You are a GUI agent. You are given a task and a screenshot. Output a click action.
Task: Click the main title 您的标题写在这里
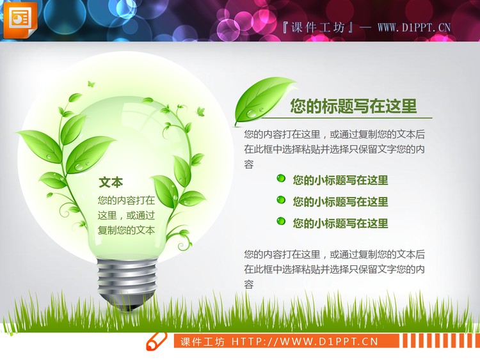[x=353, y=106]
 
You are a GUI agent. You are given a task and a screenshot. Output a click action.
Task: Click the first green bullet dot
[x=281, y=179]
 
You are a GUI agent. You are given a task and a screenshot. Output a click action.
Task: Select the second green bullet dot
[x=281, y=200]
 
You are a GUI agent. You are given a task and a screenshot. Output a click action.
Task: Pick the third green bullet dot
[x=281, y=221]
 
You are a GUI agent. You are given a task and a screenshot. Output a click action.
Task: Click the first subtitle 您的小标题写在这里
[x=340, y=180]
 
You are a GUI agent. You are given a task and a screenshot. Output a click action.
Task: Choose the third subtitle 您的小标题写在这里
[x=340, y=223]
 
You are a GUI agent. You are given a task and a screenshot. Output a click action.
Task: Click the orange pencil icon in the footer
[x=156, y=341]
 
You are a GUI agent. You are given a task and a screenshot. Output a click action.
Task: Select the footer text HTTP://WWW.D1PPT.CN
[x=305, y=341]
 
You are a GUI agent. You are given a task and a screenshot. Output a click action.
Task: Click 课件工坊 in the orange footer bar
[x=202, y=341]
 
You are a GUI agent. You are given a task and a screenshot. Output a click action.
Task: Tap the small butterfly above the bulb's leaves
[x=90, y=83]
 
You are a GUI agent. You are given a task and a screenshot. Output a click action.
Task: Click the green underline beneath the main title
[x=346, y=118]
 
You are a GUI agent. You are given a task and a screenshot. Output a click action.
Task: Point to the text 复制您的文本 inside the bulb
[x=126, y=230]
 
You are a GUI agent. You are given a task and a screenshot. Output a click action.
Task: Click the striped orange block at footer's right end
[x=435, y=341]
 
